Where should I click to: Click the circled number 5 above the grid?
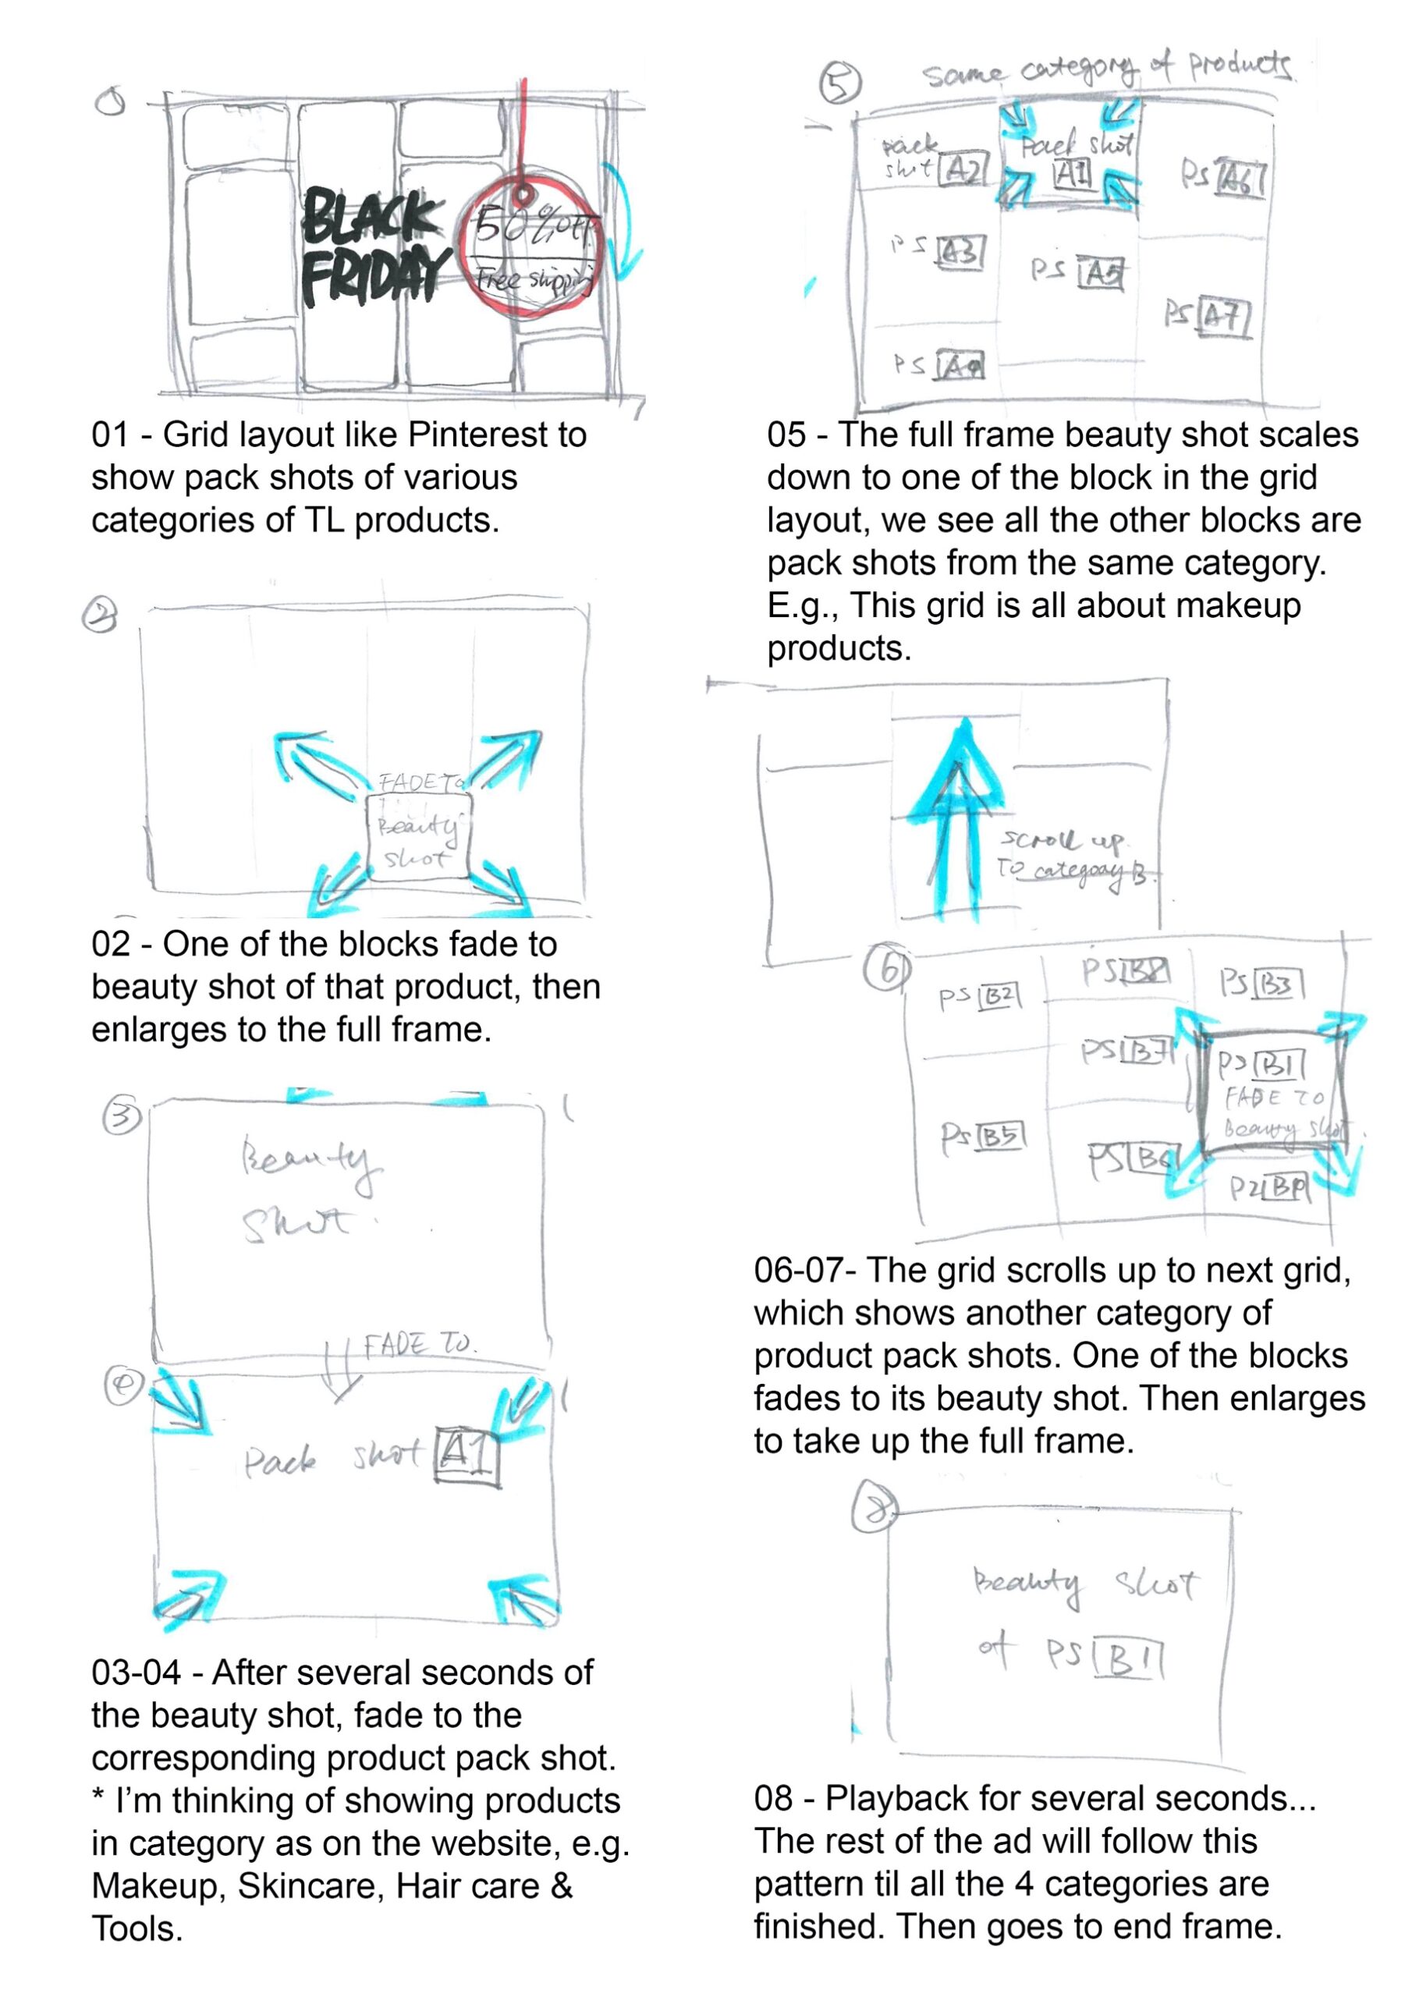coord(840,83)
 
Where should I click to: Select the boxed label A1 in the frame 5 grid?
coord(1072,174)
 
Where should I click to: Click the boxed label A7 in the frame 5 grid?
coord(1224,317)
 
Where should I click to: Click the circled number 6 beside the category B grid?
coord(886,969)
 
